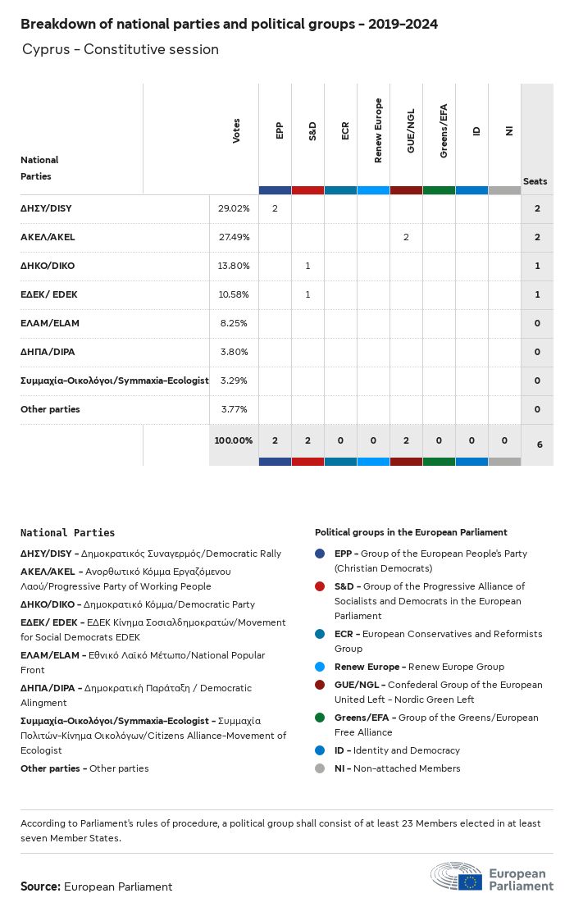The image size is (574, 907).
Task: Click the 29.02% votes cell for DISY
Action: [x=233, y=208]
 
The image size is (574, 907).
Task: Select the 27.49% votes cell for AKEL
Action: [x=233, y=237]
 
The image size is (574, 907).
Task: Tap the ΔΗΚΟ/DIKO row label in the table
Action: [x=47, y=266]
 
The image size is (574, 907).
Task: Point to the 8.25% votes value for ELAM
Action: [x=235, y=323]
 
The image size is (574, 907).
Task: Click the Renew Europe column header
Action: [x=378, y=130]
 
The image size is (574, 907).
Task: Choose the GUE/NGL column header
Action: [x=411, y=130]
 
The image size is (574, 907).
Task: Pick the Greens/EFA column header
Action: [x=444, y=130]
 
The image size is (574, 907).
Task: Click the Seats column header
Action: [x=535, y=181]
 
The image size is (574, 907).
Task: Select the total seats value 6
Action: [x=540, y=444]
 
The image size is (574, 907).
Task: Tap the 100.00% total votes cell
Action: [x=234, y=440]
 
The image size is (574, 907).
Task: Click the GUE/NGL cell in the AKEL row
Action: [x=406, y=237]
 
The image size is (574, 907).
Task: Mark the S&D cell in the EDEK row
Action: [x=307, y=294]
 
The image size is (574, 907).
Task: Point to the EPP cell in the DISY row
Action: [x=275, y=208]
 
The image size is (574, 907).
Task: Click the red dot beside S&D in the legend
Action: [x=320, y=586]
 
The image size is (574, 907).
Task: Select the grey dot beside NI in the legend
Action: [x=320, y=768]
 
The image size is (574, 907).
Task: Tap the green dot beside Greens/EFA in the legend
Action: [x=320, y=718]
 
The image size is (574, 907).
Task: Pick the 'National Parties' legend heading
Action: [x=68, y=533]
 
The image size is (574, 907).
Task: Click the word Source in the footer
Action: [x=40, y=886]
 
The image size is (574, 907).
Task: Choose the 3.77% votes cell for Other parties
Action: [x=235, y=409]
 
